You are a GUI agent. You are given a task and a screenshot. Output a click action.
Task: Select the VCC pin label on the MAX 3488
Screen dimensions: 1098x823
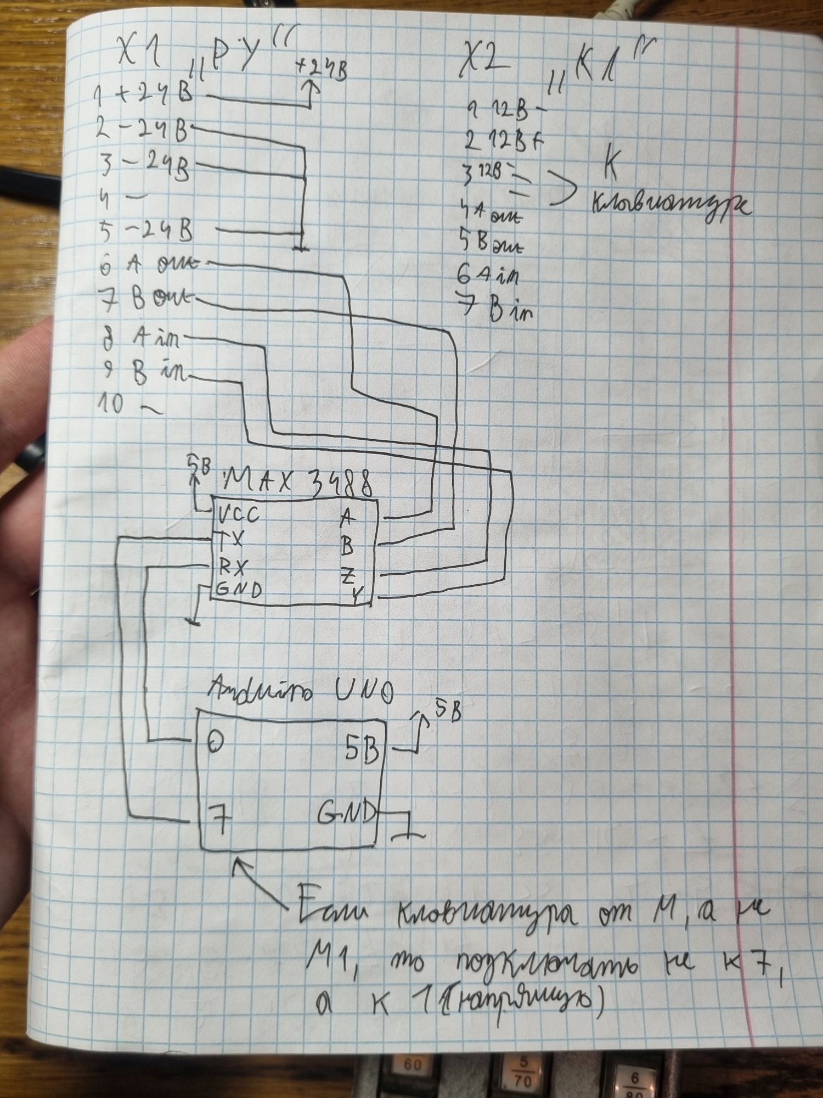coord(238,516)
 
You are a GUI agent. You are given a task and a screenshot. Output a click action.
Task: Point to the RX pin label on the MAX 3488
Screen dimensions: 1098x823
coord(234,565)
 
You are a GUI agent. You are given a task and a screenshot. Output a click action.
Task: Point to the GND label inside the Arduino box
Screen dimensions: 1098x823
coord(346,811)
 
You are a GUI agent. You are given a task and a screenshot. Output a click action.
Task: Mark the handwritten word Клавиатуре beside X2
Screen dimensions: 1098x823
coord(669,206)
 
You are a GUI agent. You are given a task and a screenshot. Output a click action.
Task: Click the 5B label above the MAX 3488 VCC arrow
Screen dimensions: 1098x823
coord(199,461)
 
